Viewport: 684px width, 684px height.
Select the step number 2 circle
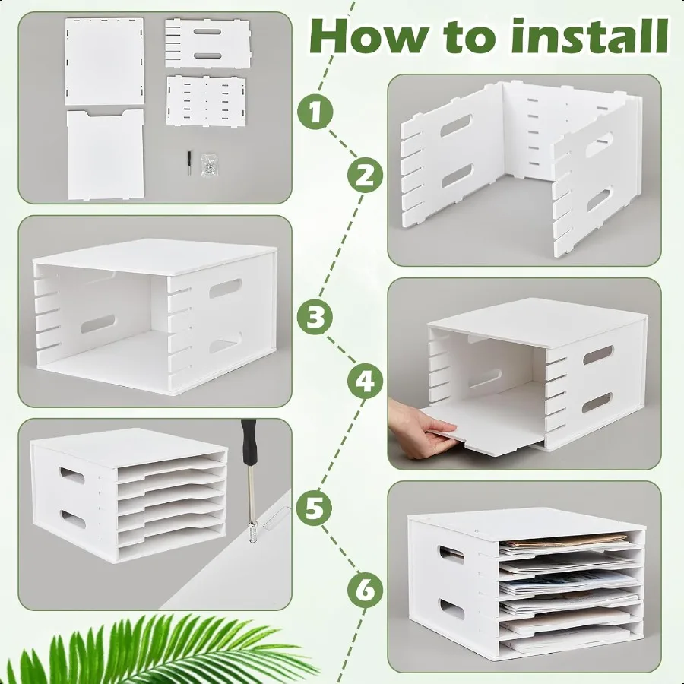pos(366,176)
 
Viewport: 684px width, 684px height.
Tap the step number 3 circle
pos(316,316)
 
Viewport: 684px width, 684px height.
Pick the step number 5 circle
pos(316,507)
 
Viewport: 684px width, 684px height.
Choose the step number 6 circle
pos(366,589)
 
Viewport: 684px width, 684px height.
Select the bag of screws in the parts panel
pos(207,165)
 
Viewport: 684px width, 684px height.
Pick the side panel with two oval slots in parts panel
pos(207,45)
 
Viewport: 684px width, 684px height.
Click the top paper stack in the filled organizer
pos(562,543)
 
